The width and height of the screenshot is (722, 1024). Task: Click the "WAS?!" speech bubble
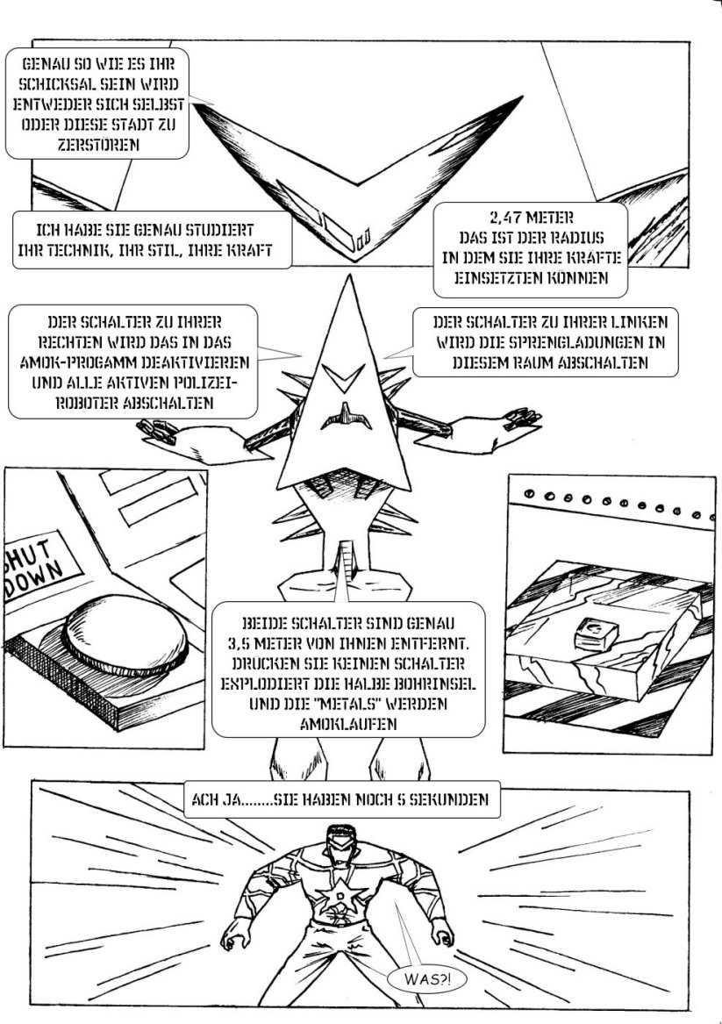pos(427,978)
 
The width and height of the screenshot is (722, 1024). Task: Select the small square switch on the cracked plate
pos(596,634)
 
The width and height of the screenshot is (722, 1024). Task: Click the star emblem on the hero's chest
pos(340,895)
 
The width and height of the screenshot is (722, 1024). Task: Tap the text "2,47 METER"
pos(532,218)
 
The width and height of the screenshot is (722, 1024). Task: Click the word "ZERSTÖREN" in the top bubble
pos(98,144)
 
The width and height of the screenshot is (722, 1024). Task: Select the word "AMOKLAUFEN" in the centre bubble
pos(348,724)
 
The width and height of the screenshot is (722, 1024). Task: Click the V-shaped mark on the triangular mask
pos(344,377)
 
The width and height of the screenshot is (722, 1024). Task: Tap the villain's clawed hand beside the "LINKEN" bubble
pos(522,418)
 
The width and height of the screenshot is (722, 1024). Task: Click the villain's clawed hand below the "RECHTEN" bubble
pos(157,432)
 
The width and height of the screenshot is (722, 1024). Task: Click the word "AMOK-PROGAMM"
pos(71,362)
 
